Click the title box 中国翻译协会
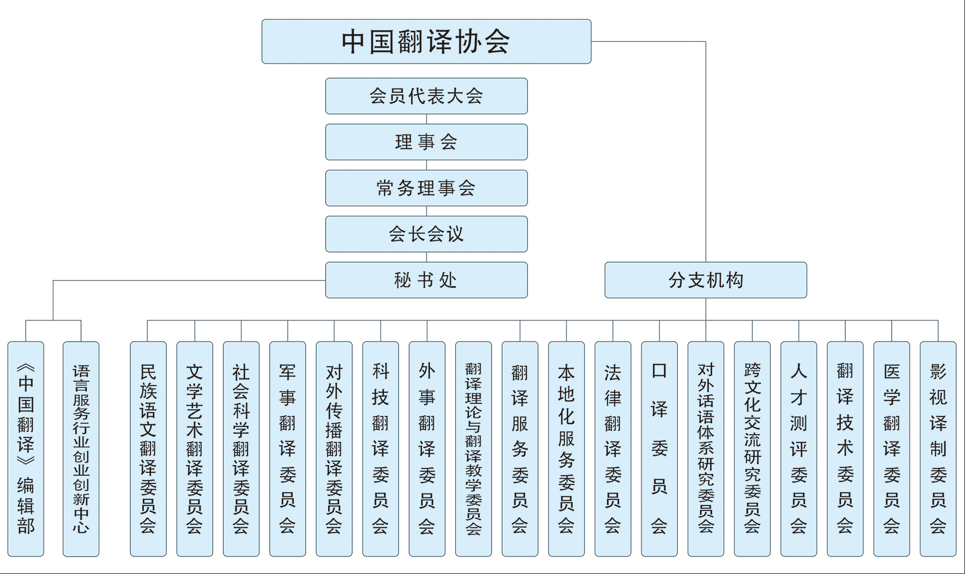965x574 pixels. pyautogui.click(x=427, y=41)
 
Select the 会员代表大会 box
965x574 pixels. pyautogui.click(x=427, y=96)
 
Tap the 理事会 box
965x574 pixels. pyautogui.click(x=427, y=142)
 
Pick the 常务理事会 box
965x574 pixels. pyautogui.click(x=427, y=188)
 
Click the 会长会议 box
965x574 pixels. pyautogui.click(x=427, y=234)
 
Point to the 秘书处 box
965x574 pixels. pyautogui.click(x=427, y=280)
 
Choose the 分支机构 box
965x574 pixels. pyautogui.click(x=706, y=280)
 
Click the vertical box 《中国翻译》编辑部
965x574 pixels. pyautogui.click(x=26, y=449)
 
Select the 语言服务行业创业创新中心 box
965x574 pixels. pyautogui.click(x=81, y=449)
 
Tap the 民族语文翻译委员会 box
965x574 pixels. pyautogui.click(x=148, y=449)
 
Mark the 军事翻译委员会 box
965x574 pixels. pyautogui.click(x=288, y=449)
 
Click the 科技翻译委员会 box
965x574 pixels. pyautogui.click(x=381, y=449)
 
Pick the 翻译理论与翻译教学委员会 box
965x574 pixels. pyautogui.click(x=473, y=449)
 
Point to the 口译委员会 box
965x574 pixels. pyautogui.click(x=660, y=449)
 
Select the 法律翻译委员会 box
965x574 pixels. pyautogui.click(x=613, y=449)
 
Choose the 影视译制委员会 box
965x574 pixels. pyautogui.click(x=938, y=449)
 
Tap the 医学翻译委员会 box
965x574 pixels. pyautogui.click(x=892, y=449)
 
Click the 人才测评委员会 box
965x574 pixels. pyautogui.click(x=799, y=449)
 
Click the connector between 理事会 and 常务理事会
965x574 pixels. pyautogui.click(x=427, y=165)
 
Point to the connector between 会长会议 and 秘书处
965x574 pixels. pyautogui.click(x=427, y=257)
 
